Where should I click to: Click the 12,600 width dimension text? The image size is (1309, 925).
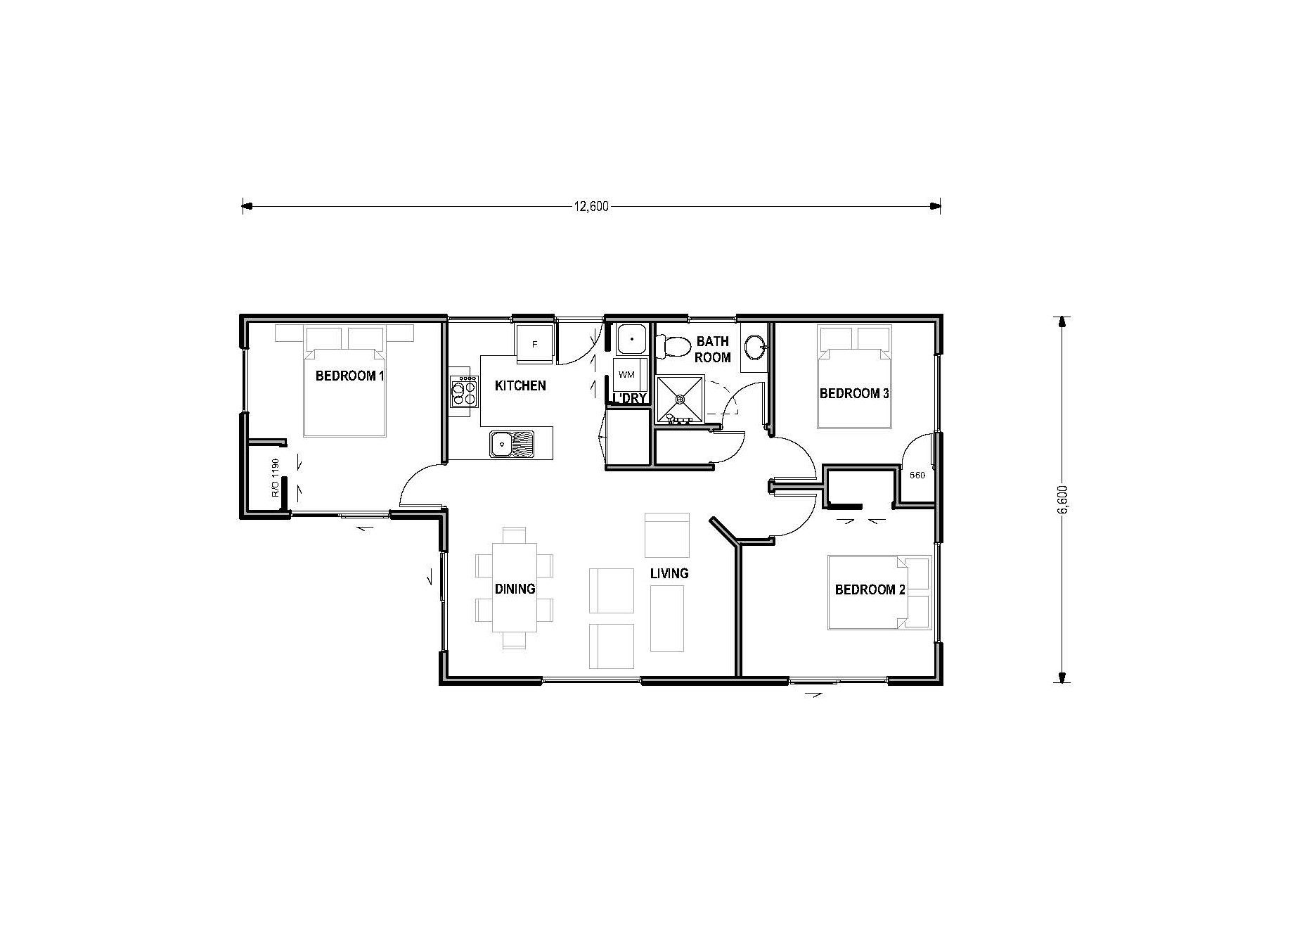(591, 206)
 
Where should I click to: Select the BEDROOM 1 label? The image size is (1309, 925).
(350, 376)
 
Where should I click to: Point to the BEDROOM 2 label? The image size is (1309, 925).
(870, 589)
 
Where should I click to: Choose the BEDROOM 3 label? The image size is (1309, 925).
(854, 393)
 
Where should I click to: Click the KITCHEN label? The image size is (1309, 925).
(520, 385)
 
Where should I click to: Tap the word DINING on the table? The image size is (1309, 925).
(515, 589)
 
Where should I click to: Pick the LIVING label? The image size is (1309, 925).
(669, 573)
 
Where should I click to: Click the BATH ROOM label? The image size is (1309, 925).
(713, 350)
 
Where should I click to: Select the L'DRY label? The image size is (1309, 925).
(629, 398)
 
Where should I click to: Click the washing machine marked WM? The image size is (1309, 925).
(626, 375)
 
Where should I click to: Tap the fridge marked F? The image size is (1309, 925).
(535, 344)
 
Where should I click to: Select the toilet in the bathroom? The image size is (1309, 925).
(673, 346)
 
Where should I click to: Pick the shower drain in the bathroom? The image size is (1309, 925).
(680, 399)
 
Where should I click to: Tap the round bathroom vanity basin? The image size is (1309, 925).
(755, 346)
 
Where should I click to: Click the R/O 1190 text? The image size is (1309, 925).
(276, 478)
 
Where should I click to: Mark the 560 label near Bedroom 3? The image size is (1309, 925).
(917, 476)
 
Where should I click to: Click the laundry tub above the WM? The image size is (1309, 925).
(631, 339)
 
